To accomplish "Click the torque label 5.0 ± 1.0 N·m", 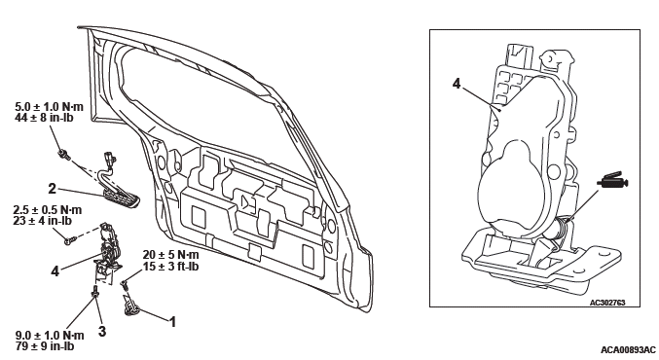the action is coord(50,107).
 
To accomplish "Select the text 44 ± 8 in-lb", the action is coord(44,118).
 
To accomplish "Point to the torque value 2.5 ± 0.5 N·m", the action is coord(48,209).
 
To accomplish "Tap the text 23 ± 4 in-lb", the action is coord(43,221).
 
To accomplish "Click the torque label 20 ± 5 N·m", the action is coord(170,255).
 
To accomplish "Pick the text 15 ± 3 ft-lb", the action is coord(170,267).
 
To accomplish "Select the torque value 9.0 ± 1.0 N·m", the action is coord(50,336).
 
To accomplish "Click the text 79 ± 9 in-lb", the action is coord(45,346).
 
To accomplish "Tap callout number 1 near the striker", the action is coord(172,322).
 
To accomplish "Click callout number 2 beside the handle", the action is coord(52,189).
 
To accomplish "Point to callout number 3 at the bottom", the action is coord(102,331).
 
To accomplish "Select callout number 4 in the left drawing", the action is coord(55,270).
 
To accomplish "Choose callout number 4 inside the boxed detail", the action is coord(457,84).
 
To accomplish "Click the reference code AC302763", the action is coord(607,302).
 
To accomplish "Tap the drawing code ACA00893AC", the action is coord(628,350).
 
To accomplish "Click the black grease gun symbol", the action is coord(613,181).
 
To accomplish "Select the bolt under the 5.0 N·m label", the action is coord(63,154).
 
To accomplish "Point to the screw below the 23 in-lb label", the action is coord(70,240).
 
